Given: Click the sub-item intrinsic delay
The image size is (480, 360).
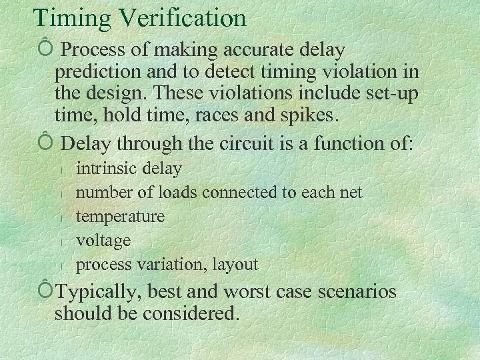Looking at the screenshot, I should [129, 169].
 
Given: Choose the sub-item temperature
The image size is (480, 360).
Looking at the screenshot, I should [120, 217].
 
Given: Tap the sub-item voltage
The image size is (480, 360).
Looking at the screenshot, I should [103, 240].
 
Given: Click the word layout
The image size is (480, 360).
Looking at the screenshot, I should [235, 265].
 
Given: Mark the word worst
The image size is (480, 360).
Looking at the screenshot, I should [251, 292].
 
